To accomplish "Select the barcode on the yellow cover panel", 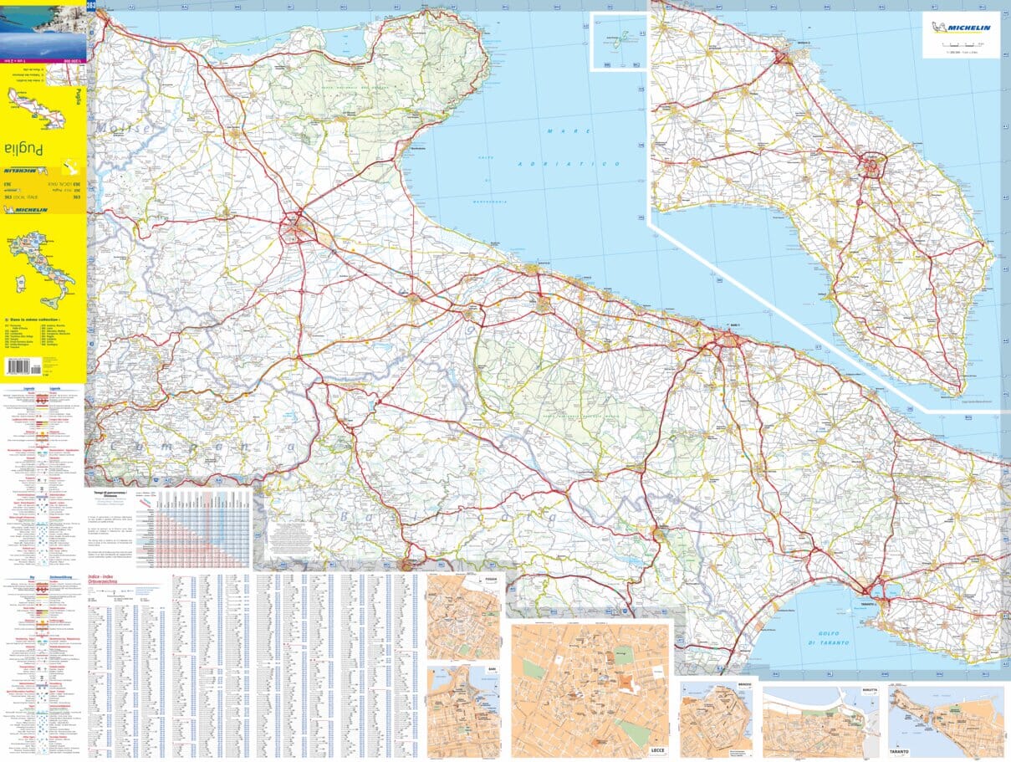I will pyautogui.click(x=21, y=366).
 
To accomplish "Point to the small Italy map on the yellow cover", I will pyautogui.click(x=42, y=267).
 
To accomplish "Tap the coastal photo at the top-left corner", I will pyautogui.click(x=43, y=29).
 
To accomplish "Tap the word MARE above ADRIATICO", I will pyautogui.click(x=569, y=130).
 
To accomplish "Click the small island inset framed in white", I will pyautogui.click(x=620, y=41).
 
